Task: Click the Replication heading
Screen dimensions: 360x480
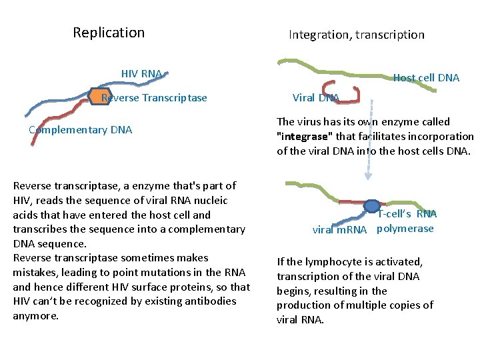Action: [109, 33]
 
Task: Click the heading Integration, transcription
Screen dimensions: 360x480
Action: [356, 35]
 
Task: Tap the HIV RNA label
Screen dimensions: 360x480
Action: [141, 73]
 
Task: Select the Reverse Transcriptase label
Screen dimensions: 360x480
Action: [154, 98]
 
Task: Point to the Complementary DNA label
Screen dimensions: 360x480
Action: [81, 129]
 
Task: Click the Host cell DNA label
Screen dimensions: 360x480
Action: [426, 77]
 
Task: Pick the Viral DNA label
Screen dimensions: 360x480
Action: [316, 98]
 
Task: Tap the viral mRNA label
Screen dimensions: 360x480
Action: [340, 230]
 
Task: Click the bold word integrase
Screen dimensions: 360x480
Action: [307, 136]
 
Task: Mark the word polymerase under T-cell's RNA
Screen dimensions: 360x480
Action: [405, 229]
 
